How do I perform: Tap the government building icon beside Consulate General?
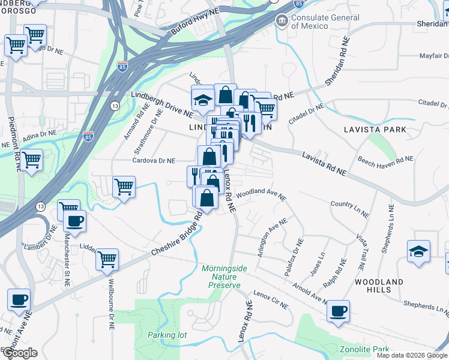(281, 21)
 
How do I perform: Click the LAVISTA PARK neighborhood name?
(375, 130)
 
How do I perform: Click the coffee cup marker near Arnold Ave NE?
(338, 311)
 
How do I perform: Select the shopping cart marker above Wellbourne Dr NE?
(107, 259)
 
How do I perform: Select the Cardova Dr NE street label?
(154, 161)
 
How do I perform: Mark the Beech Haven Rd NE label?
(385, 160)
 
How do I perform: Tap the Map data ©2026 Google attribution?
(412, 355)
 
